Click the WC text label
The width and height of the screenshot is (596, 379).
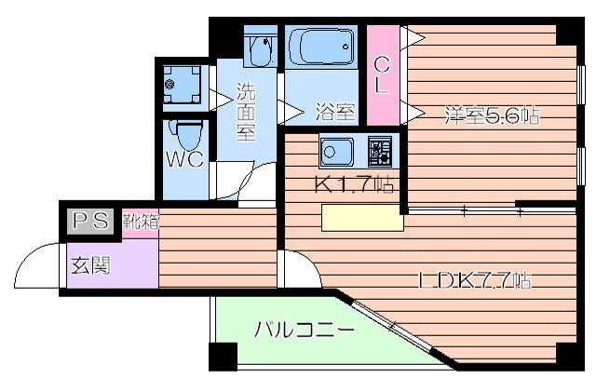(x=185, y=159)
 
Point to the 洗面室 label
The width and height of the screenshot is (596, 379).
(x=245, y=111)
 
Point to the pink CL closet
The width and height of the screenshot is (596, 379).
(x=381, y=74)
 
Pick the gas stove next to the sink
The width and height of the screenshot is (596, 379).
(x=381, y=150)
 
